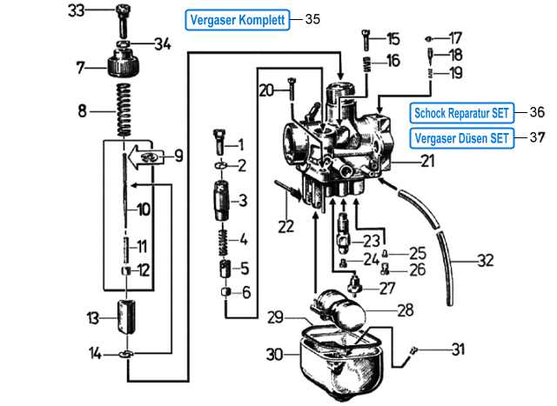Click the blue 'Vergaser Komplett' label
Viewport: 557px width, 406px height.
(238, 19)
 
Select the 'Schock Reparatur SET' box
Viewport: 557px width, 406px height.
(460, 113)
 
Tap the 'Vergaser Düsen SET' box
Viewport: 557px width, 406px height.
(460, 137)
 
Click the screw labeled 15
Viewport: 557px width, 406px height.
(366, 39)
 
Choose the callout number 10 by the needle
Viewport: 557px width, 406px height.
(144, 209)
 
